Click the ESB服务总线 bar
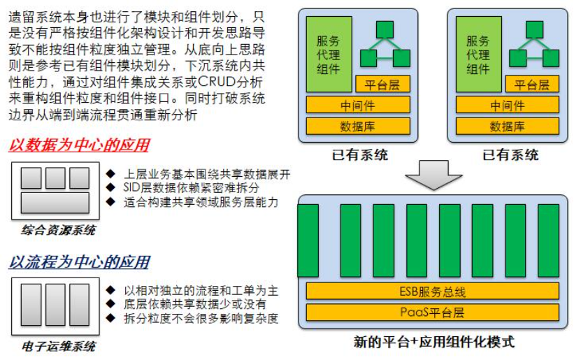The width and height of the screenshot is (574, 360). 432,291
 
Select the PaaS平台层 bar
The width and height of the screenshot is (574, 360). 432,311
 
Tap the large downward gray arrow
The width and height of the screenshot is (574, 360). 432,175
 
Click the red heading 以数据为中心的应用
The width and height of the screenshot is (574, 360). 79,145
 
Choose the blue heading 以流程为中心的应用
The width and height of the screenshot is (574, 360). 79,262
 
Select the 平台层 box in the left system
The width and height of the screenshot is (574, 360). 382,85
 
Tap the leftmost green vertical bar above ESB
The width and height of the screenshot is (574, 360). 308,240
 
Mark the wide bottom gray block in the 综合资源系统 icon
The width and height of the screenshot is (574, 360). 55,203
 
